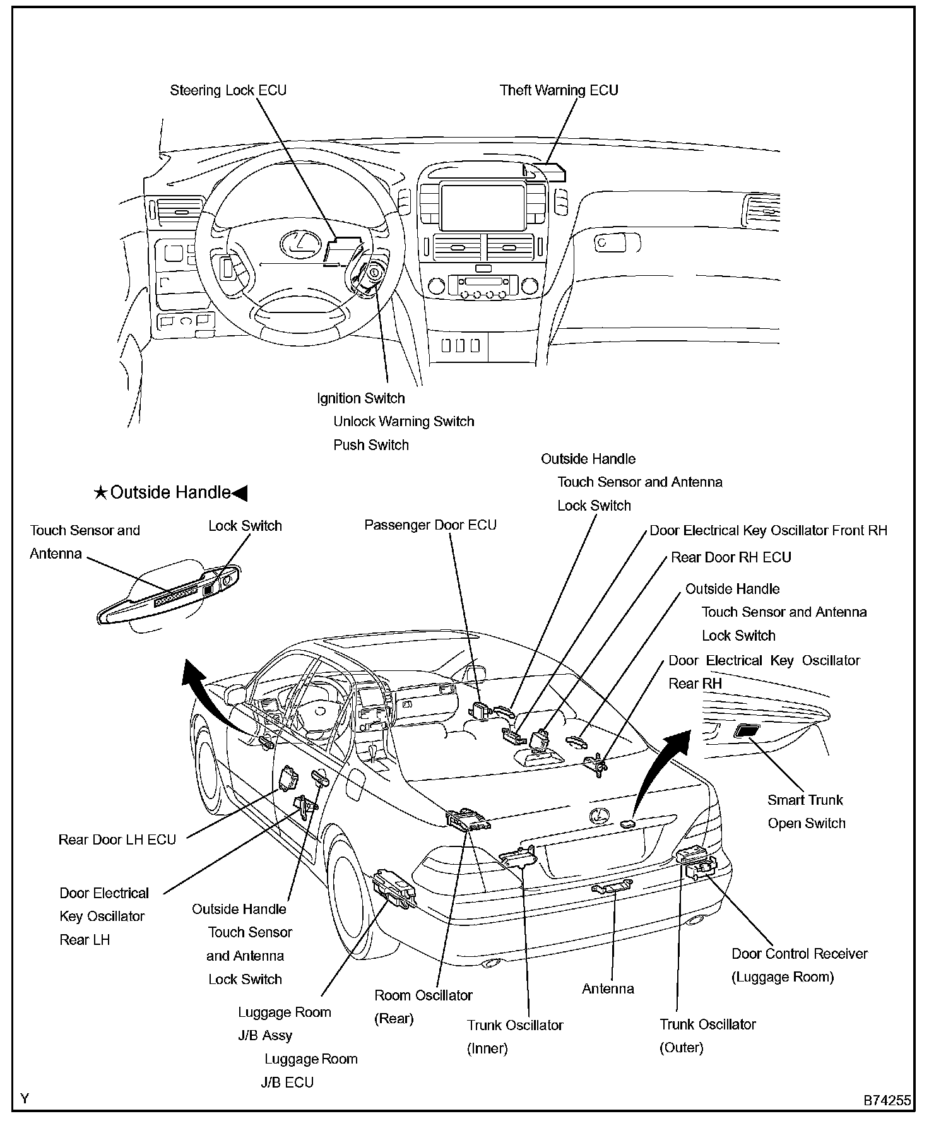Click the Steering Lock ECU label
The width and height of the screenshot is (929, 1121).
[x=228, y=90]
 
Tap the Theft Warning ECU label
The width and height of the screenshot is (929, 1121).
[x=559, y=90]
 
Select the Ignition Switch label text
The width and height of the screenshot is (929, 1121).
[x=360, y=398]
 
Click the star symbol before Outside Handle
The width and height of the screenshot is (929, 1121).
[x=100, y=493]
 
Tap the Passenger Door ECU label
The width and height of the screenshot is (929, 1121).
[x=430, y=525]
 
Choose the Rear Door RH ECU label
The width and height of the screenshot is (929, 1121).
[x=731, y=557]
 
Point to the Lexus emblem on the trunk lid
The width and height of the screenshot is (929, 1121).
[x=598, y=816]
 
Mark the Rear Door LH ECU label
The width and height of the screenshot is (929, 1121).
[x=117, y=839]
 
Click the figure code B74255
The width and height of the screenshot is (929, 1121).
[x=887, y=1100]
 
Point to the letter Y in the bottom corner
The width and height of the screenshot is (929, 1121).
[x=25, y=1099]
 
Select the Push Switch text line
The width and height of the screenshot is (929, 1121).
[x=371, y=445]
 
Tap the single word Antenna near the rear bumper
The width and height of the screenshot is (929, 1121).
[x=608, y=988]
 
